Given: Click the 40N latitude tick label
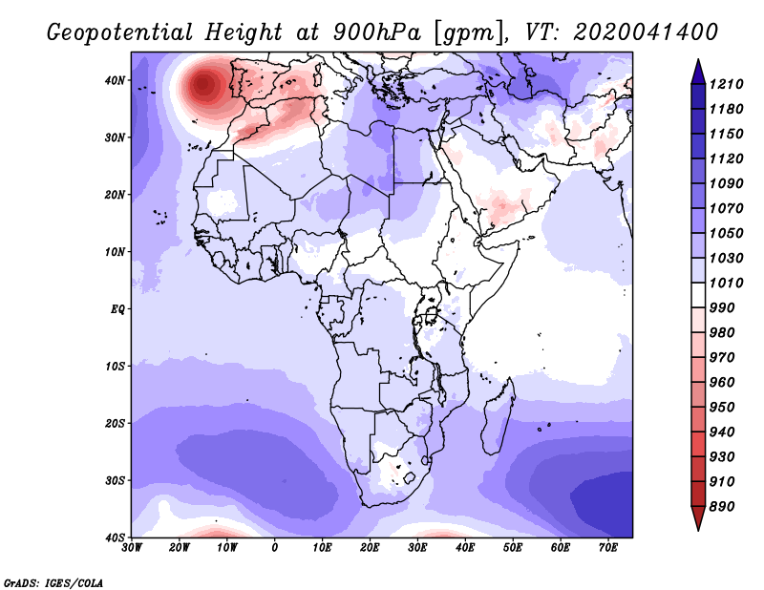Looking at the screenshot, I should (x=115, y=80).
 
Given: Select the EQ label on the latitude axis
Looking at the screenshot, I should (x=117, y=309).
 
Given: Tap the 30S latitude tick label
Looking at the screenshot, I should (x=115, y=480).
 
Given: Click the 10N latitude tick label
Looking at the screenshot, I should (x=115, y=252).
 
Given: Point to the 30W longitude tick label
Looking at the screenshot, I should (x=132, y=548).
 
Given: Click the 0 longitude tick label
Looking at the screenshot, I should (x=275, y=548).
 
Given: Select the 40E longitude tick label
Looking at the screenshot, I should (x=465, y=548).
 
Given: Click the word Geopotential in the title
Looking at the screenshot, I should (x=118, y=32).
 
